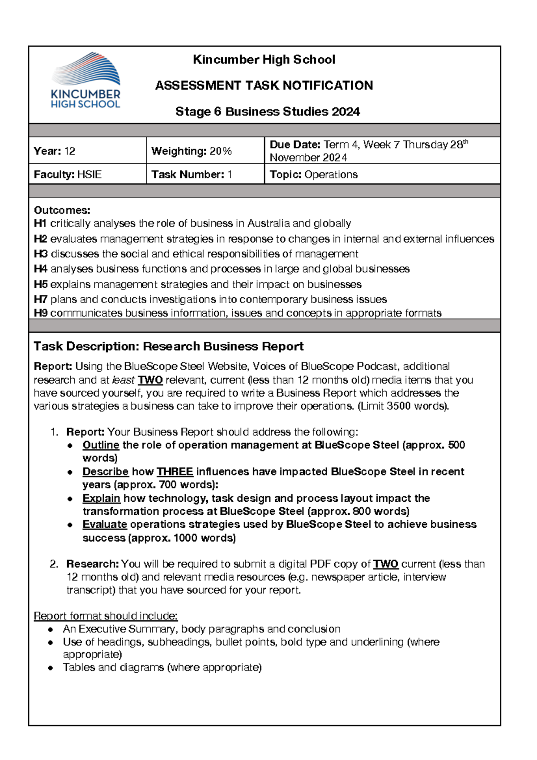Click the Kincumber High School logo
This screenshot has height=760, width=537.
[85, 81]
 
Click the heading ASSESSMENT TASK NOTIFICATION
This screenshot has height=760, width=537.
[264, 85]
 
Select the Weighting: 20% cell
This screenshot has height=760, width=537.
[205, 151]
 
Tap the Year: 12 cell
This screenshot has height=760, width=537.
[87, 151]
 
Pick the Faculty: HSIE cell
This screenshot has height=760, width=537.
[87, 174]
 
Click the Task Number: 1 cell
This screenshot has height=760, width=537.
[205, 174]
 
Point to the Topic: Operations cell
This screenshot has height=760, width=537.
[382, 174]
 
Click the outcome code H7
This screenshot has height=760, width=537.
[40, 299]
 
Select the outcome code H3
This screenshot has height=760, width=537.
[40, 254]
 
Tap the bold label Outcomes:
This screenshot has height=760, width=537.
[62, 210]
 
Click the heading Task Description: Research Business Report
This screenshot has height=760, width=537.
[169, 346]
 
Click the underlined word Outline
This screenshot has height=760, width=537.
[101, 445]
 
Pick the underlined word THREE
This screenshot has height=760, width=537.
[175, 471]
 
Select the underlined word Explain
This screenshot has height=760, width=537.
[101, 498]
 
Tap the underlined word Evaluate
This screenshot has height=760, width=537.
[105, 524]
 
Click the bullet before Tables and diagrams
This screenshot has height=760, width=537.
[51, 668]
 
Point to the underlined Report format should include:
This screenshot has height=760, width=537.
[106, 616]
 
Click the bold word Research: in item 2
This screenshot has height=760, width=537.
[92, 564]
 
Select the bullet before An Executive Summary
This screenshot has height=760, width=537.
[51, 629]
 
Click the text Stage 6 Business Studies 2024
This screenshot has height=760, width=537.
[268, 111]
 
